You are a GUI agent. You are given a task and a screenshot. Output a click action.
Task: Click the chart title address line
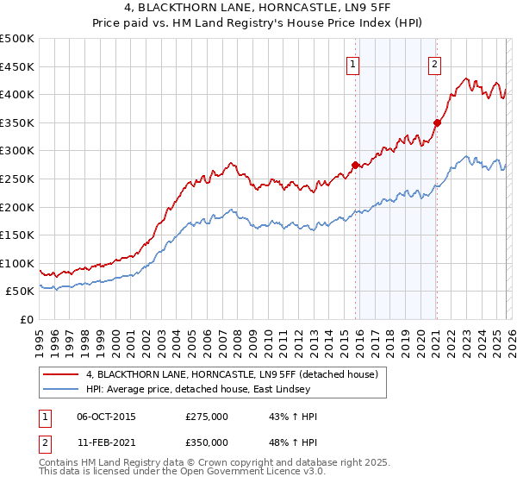pos(258,8)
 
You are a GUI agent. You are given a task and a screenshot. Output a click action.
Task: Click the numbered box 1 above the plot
pos(353,63)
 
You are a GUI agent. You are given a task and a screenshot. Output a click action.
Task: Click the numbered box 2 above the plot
pos(434,63)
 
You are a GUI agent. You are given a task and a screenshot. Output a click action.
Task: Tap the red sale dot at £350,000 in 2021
pos(437,122)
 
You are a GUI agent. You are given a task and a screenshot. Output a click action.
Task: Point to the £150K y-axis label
pos(18,235)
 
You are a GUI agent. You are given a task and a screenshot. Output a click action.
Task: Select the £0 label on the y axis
pos(26,319)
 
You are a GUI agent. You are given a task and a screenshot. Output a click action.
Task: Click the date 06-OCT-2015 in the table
pos(106,416)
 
